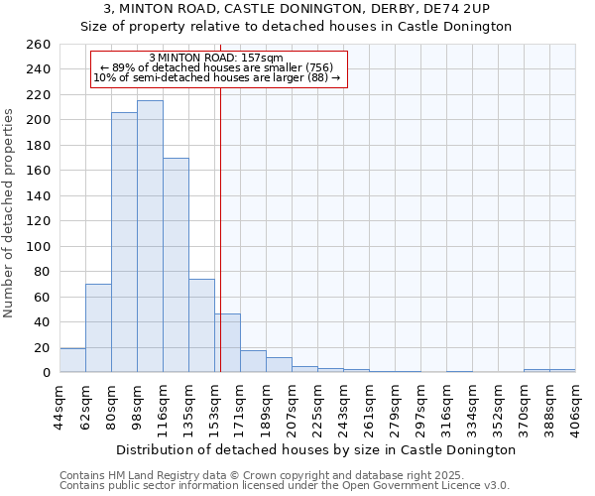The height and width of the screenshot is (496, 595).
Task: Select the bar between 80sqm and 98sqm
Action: (124, 242)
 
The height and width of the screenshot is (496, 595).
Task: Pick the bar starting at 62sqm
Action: (98, 327)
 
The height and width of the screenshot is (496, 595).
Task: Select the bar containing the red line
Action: (228, 343)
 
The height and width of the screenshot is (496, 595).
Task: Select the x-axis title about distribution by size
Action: (315, 449)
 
